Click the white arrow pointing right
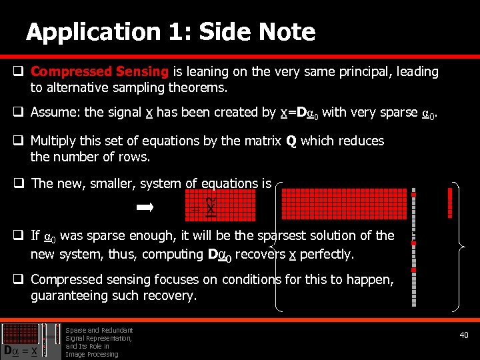tap(145, 208)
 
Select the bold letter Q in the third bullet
tap(291, 141)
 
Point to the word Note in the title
tap(287, 32)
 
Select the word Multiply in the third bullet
tap(55, 141)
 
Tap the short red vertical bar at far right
tap(451, 203)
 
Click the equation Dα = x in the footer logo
tap(20, 350)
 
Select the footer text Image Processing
tap(91, 354)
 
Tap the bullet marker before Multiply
tap(19, 141)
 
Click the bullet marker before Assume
tap(19, 113)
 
